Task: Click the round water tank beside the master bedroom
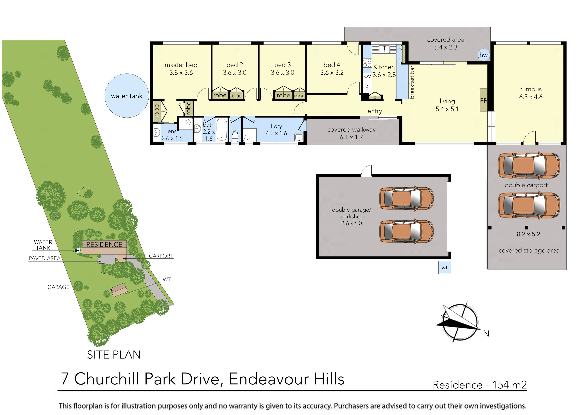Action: point(127,96)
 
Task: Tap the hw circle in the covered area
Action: point(483,55)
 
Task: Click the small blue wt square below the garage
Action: point(445,267)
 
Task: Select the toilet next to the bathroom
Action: point(235,136)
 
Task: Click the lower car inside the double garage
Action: point(406,231)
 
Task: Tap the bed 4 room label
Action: point(332,69)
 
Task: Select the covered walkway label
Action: point(351,133)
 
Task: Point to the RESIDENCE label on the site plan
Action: point(104,244)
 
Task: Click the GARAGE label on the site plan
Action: point(58,287)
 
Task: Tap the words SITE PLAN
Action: point(114,355)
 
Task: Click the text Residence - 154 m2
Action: point(480,385)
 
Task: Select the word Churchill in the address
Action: point(106,379)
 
